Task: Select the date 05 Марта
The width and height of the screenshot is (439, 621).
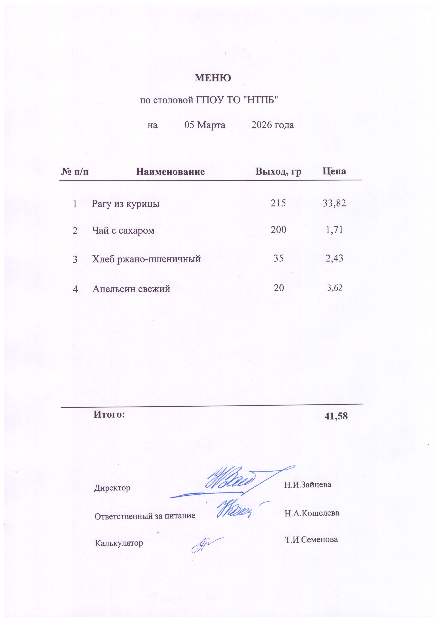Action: point(205,125)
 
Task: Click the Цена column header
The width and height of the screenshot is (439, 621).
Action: point(334,171)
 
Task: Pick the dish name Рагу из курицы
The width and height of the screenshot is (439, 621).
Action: point(125,203)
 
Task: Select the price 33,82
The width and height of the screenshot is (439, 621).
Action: point(334,203)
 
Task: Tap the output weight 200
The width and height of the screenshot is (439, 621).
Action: point(279,230)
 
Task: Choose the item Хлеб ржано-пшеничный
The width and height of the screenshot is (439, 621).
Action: point(146,259)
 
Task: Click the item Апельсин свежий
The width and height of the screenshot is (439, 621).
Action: point(131,289)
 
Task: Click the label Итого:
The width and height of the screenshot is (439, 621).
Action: point(109,414)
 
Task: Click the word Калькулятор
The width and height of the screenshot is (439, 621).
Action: point(119,543)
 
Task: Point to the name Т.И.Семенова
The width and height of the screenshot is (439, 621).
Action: point(311,540)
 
